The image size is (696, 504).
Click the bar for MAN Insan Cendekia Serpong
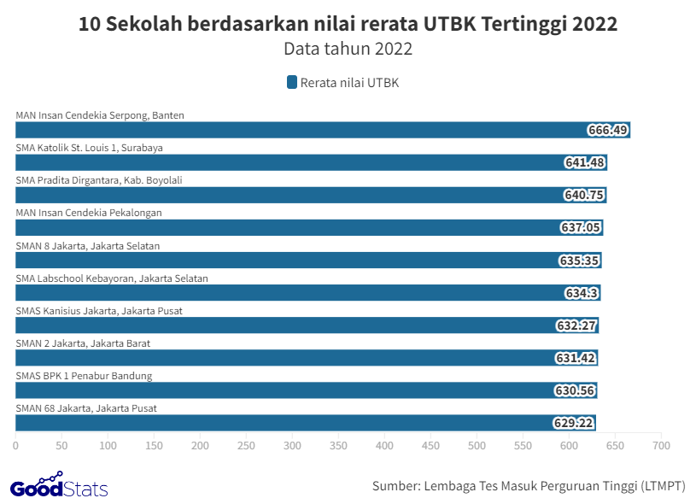pyautogui.click(x=299, y=130)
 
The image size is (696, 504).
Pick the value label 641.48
pyautogui.click(x=584, y=162)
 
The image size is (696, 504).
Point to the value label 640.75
pyautogui.click(x=584, y=195)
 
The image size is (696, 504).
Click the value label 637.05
pyautogui.click(x=582, y=227)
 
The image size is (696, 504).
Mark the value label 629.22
pyautogui.click(x=574, y=422)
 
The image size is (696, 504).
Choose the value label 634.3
pyautogui.click(x=582, y=292)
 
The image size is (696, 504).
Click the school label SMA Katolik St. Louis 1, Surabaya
pyautogui.click(x=89, y=148)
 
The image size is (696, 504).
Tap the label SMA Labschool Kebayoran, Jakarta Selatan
pyautogui.click(x=112, y=278)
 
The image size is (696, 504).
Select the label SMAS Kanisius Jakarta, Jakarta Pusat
pyautogui.click(x=99, y=310)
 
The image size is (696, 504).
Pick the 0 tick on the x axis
pyautogui.click(x=15, y=445)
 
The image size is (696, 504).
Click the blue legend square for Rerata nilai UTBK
pyautogui.click(x=292, y=83)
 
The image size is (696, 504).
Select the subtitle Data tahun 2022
pyautogui.click(x=348, y=49)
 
